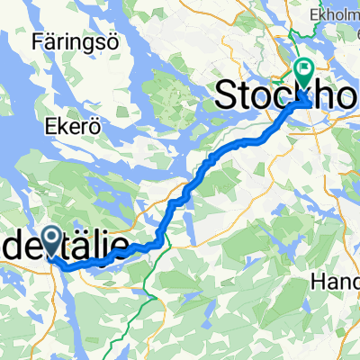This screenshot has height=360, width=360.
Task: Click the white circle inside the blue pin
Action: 53,238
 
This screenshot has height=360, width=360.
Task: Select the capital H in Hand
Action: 317,282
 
